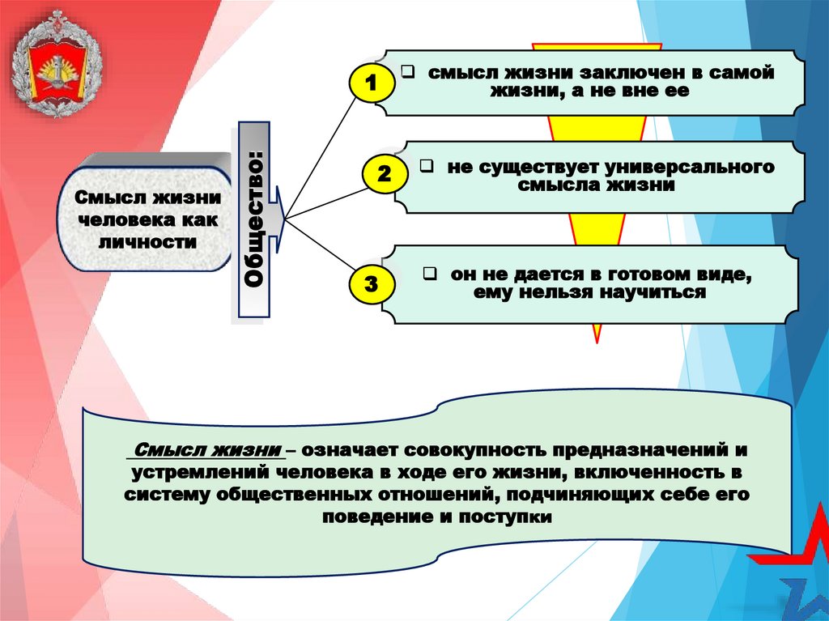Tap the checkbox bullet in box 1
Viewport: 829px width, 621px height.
(408, 72)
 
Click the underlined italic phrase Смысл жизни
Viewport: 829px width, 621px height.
(208, 451)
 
